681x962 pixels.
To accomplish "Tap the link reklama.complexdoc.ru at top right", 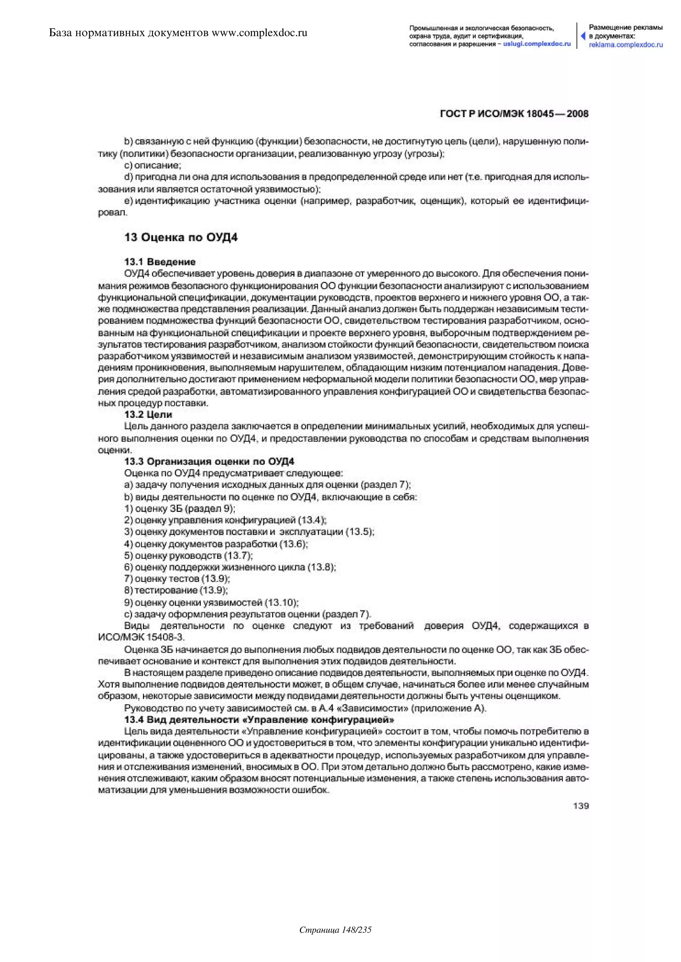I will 626,45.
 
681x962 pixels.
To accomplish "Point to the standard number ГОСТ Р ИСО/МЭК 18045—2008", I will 514,114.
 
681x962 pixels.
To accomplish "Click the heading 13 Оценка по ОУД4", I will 181,238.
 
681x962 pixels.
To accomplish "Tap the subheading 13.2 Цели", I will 148,415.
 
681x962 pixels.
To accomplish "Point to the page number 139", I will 581,806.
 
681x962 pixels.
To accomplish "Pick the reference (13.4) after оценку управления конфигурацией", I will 312,521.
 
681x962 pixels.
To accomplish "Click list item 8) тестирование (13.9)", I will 176,590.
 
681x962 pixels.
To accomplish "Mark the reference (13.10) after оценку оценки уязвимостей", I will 281,603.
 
